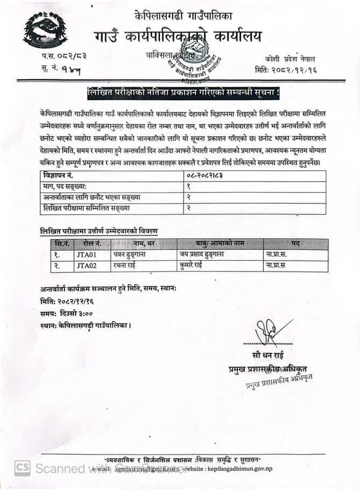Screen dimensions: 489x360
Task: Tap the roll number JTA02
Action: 86,265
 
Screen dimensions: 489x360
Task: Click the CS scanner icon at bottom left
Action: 22,468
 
